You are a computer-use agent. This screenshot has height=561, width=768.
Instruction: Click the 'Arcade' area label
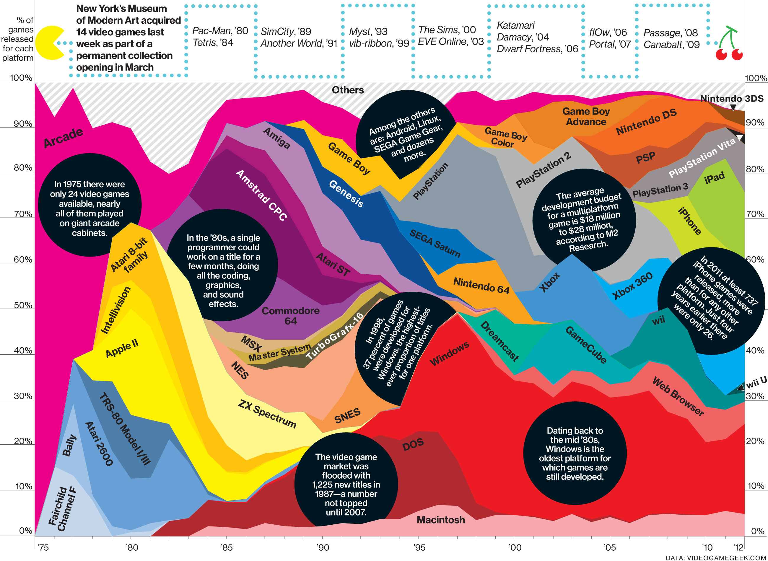pos(63,138)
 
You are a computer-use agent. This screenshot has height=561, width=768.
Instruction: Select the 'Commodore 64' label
pos(290,315)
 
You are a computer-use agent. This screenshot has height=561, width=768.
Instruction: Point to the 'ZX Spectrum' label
pos(267,414)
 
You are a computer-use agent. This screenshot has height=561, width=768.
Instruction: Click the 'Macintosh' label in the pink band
pos(440,520)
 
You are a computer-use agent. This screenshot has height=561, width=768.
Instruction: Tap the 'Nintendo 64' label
pos(481,285)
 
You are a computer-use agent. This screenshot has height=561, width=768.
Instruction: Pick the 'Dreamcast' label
pos(499,341)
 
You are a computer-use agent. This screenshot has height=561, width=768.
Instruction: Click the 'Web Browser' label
pos(678,396)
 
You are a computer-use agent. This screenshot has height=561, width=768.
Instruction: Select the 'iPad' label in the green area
pos(714,178)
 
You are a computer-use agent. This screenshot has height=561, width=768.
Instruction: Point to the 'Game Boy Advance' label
pos(586,116)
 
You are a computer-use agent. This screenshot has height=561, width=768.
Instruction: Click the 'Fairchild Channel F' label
pos(62,508)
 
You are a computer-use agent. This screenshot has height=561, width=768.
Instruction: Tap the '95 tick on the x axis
pos(419,547)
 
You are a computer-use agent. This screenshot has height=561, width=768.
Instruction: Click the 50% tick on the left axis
pos(23,305)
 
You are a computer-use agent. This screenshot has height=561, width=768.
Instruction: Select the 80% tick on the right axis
pos(755,169)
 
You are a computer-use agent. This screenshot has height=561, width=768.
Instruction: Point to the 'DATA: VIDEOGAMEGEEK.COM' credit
pos(716,557)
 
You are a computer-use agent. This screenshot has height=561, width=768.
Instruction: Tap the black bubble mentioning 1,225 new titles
pos(346,484)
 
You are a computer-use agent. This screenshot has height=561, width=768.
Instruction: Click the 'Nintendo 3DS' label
pos(732,99)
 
